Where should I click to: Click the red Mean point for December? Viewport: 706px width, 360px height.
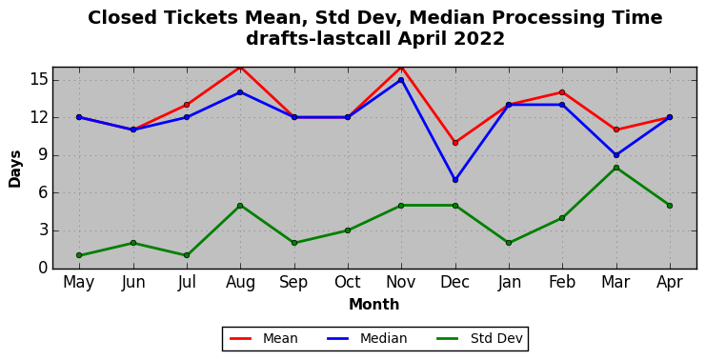pos(455,143)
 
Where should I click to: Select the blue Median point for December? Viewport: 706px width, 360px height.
pos(455,180)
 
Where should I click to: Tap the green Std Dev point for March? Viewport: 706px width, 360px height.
pos(615,168)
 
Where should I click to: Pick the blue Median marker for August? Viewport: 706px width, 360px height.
pos(240,92)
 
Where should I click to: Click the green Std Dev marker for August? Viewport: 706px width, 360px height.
pos(240,206)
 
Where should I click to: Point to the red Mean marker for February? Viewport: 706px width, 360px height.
pos(562,92)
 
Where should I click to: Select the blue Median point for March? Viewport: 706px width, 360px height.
pos(615,155)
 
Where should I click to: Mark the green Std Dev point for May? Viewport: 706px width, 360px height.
pos(79,255)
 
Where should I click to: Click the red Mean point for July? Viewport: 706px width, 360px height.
pos(187,105)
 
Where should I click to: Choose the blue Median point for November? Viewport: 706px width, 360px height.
pos(401,80)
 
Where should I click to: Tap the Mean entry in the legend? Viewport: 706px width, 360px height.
pos(264,338)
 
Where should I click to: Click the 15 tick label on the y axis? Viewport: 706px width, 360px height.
pos(38,81)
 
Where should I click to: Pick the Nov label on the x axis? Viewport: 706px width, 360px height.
pos(401,282)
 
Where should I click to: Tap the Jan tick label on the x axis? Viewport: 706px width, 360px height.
pos(509,282)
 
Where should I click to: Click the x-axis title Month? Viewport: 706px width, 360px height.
pos(374,305)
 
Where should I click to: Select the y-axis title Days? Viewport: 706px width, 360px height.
pos(15,169)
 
